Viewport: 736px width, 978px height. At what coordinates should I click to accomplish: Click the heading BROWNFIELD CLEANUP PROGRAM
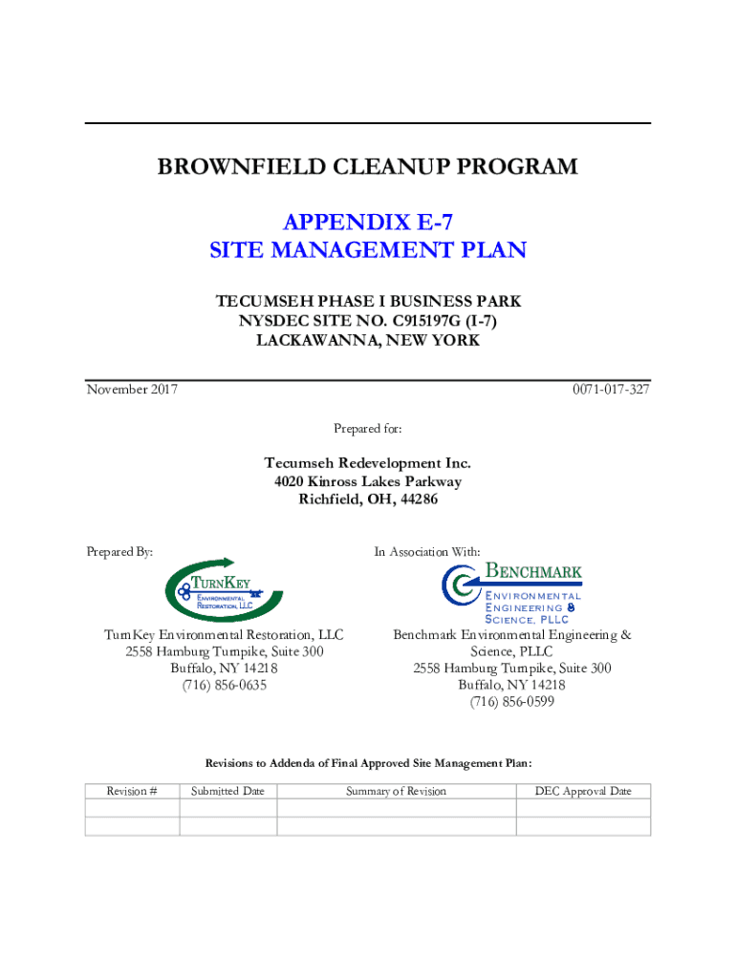(x=367, y=167)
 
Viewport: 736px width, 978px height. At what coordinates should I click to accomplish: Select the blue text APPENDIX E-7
(x=368, y=223)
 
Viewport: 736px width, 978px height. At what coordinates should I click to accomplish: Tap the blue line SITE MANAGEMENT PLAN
(x=368, y=251)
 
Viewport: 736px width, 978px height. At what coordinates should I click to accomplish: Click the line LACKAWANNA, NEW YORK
(x=368, y=340)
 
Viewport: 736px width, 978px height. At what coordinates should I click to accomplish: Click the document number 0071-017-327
(x=611, y=390)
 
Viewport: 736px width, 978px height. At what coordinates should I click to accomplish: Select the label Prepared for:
(x=368, y=429)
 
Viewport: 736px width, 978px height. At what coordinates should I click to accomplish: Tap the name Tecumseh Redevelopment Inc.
(x=368, y=463)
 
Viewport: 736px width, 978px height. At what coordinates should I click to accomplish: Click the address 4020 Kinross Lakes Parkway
(x=368, y=481)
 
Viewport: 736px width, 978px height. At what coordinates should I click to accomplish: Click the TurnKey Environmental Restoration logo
(x=225, y=590)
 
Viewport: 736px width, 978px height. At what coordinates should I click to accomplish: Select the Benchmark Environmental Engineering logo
(x=512, y=593)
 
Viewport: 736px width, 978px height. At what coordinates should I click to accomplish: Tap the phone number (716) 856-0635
(x=225, y=686)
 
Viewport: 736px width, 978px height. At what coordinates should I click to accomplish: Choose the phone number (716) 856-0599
(x=512, y=703)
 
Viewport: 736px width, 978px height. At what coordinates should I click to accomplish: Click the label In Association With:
(x=427, y=551)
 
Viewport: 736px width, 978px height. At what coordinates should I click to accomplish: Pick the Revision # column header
(x=132, y=791)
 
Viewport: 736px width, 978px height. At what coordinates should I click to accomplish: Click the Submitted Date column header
(x=227, y=791)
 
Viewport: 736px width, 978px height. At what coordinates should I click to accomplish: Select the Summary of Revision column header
(x=396, y=791)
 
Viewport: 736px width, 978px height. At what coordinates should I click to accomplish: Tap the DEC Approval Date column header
(x=583, y=791)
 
